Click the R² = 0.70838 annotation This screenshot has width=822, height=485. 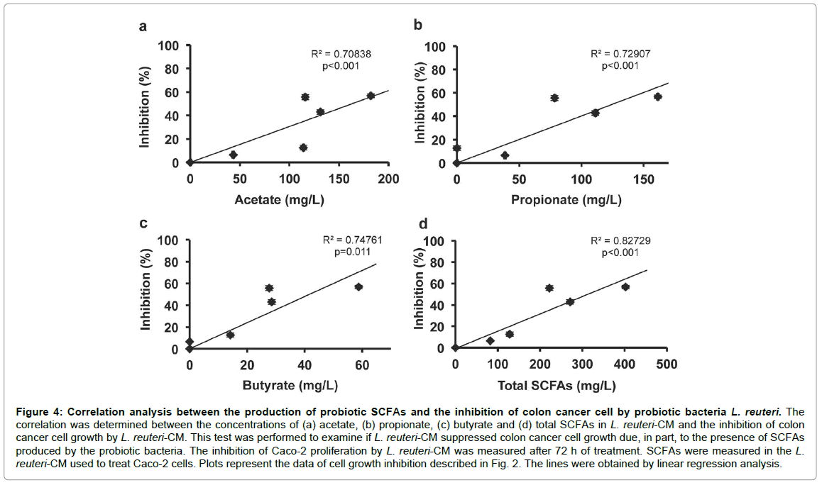pyautogui.click(x=341, y=54)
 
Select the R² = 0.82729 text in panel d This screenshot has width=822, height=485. pyautogui.click(x=620, y=241)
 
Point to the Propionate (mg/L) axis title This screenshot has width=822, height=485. pyautogui.click(x=566, y=200)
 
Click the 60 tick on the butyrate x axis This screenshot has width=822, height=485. pyautogui.click(x=361, y=365)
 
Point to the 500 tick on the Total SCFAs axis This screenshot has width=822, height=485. pyautogui.click(x=666, y=364)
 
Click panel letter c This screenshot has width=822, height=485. pyautogui.click(x=143, y=224)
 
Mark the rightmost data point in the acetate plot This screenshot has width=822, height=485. pyautogui.click(x=371, y=96)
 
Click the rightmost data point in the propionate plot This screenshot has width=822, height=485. pyautogui.click(x=657, y=96)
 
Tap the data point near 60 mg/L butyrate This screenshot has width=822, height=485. pyautogui.click(x=358, y=286)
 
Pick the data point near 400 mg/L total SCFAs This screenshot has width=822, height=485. pyautogui.click(x=625, y=286)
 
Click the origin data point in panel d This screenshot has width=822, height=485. pyautogui.click(x=455, y=348)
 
